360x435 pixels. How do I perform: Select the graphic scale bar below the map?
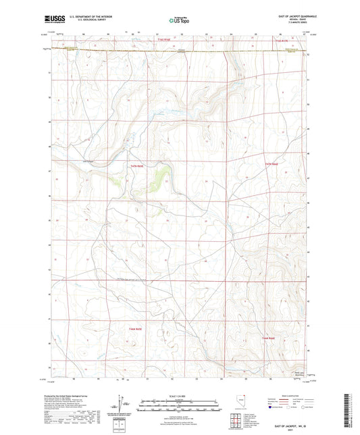(179, 405)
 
